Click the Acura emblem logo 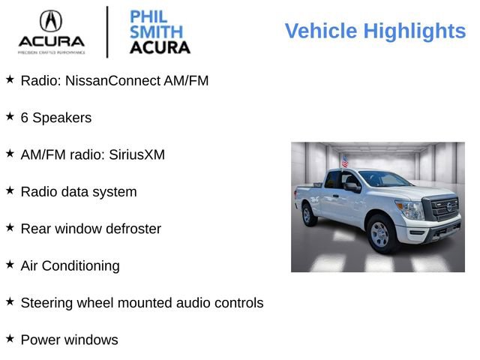coord(51,20)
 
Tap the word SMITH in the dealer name coord(155,32)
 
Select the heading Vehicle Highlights coord(375,31)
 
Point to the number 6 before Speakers coord(25,118)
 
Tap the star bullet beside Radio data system coord(10,190)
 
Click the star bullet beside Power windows coord(10,339)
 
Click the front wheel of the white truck coord(380,234)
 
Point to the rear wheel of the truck coord(307,214)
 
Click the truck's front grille coord(443,208)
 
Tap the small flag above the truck coord(345,161)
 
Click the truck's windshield coord(383,178)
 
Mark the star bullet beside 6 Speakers coord(10,117)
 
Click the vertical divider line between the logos coord(107,31)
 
